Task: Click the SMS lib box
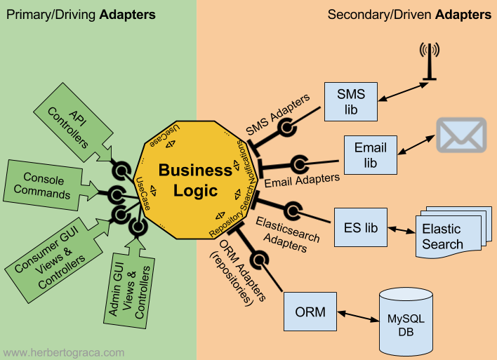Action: [x=351, y=102]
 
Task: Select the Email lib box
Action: [x=370, y=155]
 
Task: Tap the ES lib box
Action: [x=361, y=227]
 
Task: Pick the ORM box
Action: [x=310, y=312]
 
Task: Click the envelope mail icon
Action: [x=461, y=135]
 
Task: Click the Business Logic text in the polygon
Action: [x=194, y=180]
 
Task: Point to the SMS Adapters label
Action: [x=277, y=114]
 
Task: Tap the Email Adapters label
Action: [x=302, y=181]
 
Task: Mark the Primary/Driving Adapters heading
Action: [x=81, y=14]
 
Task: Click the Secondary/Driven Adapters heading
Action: [x=409, y=14]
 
